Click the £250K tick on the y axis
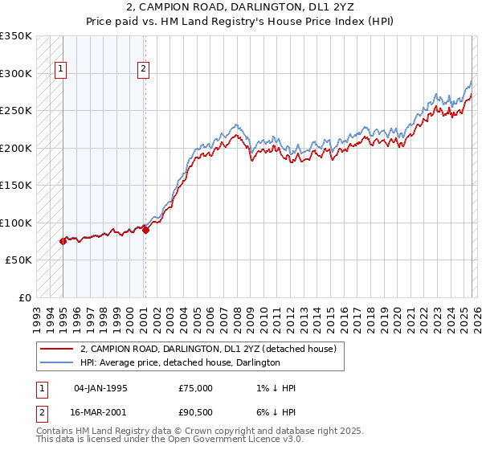click(16, 111)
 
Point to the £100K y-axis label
click(16, 223)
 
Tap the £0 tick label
click(24, 297)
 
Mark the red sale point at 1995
click(63, 241)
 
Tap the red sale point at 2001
click(145, 230)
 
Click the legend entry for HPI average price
click(179, 362)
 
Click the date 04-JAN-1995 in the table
click(100, 388)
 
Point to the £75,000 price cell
click(196, 388)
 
